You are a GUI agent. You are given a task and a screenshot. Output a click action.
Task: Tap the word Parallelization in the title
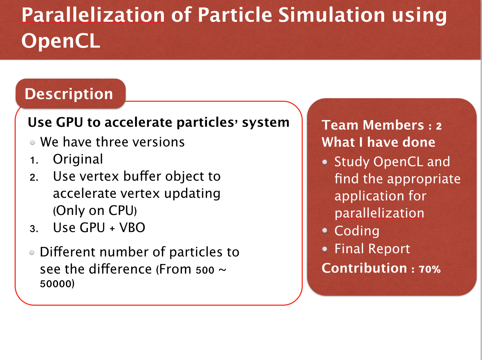(x=93, y=15)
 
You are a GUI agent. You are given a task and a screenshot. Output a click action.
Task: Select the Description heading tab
(x=70, y=94)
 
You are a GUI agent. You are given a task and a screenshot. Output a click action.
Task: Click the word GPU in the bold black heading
(x=70, y=122)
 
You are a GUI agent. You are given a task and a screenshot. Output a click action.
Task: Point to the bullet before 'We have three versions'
(x=32, y=142)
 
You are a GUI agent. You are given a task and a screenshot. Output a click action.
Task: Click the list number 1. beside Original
(x=34, y=160)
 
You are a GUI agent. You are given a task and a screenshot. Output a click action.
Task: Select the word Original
(x=78, y=159)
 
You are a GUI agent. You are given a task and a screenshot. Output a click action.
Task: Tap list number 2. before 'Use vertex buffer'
(x=34, y=177)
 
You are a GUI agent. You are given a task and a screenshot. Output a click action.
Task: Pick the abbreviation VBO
(x=132, y=227)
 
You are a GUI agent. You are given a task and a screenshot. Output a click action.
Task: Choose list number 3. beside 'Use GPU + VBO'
(x=34, y=229)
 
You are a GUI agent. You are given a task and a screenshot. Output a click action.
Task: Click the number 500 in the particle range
(x=205, y=270)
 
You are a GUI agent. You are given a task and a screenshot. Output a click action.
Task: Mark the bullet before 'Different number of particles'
(x=32, y=252)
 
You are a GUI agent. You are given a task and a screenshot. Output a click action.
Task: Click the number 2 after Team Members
(x=439, y=126)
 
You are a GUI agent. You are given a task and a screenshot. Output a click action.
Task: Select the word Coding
(x=357, y=231)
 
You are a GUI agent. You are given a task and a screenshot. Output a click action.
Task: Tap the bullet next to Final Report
(x=325, y=249)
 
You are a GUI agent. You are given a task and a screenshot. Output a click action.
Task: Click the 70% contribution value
(x=430, y=269)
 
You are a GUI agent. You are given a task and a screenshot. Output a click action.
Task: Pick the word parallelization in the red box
(x=379, y=213)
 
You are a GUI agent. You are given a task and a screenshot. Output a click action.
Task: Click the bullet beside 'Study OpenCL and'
(x=325, y=162)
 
